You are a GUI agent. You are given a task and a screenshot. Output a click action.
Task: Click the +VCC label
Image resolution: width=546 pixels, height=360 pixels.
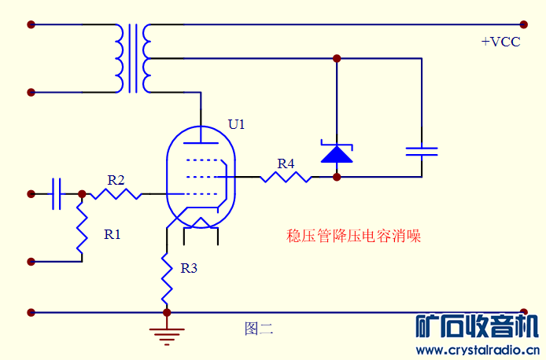(x=500, y=42)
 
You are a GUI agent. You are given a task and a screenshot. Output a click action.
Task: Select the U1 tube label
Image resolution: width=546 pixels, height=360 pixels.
(x=237, y=124)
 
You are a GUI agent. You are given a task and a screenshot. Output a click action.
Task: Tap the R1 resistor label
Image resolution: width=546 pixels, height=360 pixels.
(x=113, y=233)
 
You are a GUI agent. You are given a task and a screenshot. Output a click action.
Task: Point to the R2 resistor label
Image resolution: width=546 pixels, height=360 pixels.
(x=116, y=180)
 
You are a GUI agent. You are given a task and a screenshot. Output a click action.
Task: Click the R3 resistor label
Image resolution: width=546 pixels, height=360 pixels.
(x=189, y=268)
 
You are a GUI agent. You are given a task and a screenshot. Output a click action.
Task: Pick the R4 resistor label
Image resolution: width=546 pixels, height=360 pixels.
(x=286, y=163)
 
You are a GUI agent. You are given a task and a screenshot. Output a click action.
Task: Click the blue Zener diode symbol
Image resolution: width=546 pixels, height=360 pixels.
(x=337, y=152)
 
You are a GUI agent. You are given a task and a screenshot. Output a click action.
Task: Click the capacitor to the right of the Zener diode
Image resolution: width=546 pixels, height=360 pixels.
(x=422, y=151)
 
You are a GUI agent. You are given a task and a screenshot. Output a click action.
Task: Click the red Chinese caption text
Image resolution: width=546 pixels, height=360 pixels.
(x=353, y=235)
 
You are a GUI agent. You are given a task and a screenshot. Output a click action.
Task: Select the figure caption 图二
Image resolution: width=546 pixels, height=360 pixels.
(x=258, y=329)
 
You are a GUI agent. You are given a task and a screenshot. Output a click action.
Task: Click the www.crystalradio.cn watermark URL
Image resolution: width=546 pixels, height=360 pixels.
(x=477, y=349)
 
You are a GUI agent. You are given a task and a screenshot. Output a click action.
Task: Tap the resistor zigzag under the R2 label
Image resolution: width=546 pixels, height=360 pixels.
(x=115, y=193)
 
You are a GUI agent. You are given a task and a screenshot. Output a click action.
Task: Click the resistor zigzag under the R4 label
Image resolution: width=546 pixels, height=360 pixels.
(x=286, y=177)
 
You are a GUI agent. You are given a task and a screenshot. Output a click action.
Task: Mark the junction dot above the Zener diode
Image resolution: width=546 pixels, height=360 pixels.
(x=337, y=58)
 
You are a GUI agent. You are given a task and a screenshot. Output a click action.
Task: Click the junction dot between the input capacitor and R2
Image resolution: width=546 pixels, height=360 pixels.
(x=82, y=193)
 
